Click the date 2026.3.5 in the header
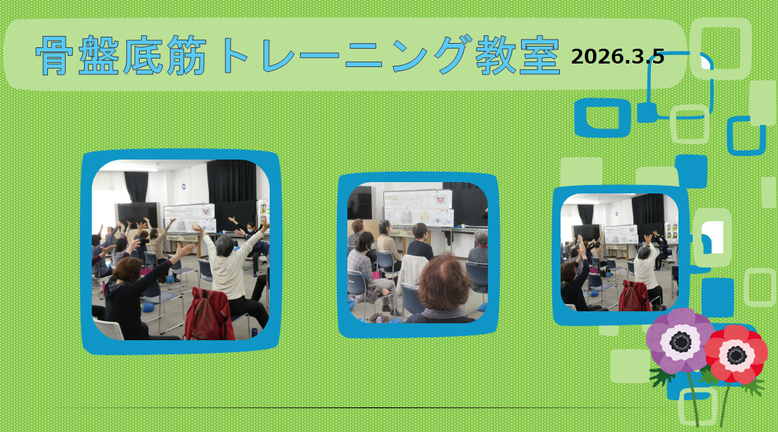coord(617,56)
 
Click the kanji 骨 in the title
coord(52,55)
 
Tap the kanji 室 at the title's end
coord(540,55)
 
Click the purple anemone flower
coord(681,340)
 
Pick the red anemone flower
coord(736,354)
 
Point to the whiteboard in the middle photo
coord(418,208)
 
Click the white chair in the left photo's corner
coord(109,329)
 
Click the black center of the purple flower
coord(681,341)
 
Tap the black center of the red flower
coord(736,355)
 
